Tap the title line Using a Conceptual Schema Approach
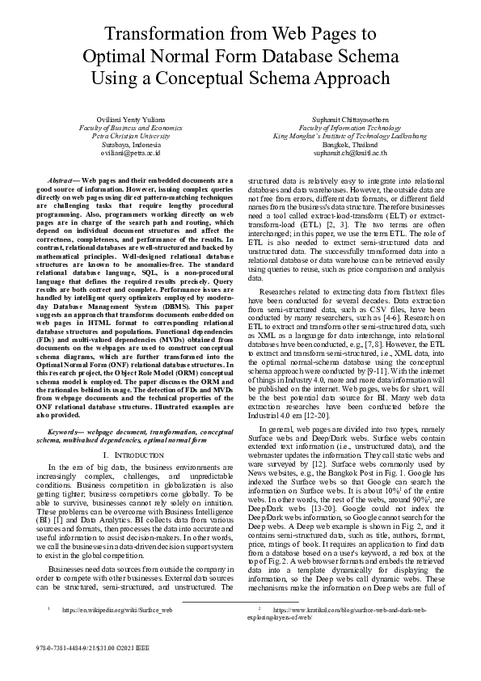point(240,78)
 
